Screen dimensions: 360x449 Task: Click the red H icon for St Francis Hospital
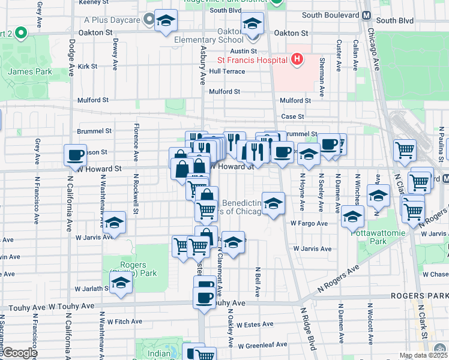click(x=295, y=59)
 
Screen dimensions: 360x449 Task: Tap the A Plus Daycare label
click(x=112, y=20)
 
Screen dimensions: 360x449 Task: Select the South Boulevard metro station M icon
click(x=366, y=15)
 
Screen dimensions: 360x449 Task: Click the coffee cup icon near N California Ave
click(x=76, y=155)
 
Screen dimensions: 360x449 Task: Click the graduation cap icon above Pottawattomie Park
click(x=353, y=216)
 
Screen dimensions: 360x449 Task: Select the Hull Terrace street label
click(x=227, y=71)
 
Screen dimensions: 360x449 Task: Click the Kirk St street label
click(x=87, y=67)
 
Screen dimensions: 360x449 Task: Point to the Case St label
click(x=293, y=116)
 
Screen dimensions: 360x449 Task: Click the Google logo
click(x=20, y=353)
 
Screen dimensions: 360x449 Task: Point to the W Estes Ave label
click(x=255, y=325)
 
